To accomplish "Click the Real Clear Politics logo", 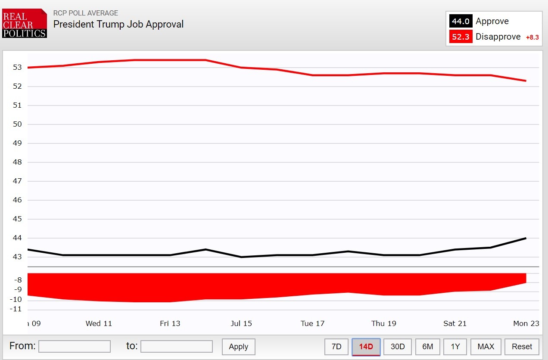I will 25,23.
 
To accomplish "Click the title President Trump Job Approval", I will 118,24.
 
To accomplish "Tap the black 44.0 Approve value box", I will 461,21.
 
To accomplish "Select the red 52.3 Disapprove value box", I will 461,37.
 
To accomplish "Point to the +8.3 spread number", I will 532,37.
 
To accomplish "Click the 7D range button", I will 336,347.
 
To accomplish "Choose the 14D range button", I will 366,347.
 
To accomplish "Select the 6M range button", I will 427,347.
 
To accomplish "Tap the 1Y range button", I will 455,347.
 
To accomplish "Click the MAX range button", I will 486,347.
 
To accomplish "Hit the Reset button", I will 522,347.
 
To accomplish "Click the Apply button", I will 238,347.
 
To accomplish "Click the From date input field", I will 74,346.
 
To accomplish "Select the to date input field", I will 176,346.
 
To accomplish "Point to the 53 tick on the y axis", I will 17,67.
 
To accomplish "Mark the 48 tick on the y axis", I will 17,162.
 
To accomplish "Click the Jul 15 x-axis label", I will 241,323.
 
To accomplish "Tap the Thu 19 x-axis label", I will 383,323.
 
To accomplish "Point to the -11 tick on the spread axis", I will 17,309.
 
